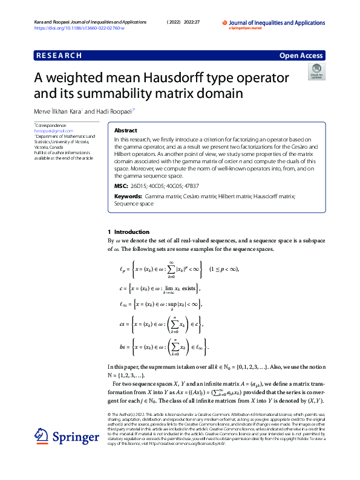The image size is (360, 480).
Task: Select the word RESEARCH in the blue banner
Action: click(59, 56)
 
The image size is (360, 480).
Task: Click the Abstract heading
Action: click(125, 131)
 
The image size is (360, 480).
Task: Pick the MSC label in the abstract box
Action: click(121, 186)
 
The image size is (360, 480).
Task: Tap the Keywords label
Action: click(128, 196)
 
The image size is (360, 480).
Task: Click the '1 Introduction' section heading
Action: click(128, 232)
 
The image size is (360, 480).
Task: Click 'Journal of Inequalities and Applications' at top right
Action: click(282, 22)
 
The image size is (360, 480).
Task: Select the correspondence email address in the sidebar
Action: click(50, 130)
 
